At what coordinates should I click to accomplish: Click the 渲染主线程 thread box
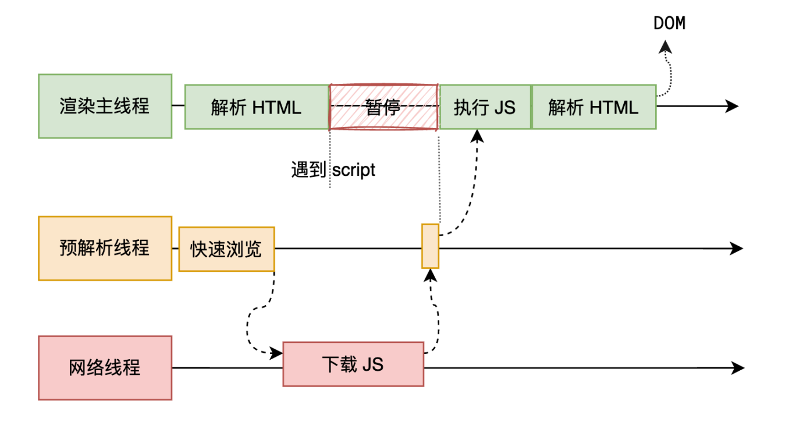click(105, 106)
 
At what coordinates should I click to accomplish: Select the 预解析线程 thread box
click(105, 249)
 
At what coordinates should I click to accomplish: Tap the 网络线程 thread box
click(105, 368)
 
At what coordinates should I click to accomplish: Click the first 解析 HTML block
click(257, 107)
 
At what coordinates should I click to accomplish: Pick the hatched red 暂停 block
click(383, 107)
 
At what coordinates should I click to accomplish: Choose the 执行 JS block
click(485, 107)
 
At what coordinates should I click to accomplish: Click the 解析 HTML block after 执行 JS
click(593, 107)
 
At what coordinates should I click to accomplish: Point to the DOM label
click(669, 24)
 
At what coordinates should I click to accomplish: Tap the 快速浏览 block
click(226, 250)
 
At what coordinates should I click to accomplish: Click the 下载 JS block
click(353, 364)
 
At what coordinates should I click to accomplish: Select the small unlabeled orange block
click(430, 246)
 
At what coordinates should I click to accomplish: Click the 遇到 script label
click(333, 170)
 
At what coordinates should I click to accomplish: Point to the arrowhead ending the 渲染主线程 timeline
click(733, 107)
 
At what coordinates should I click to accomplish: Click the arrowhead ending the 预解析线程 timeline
click(737, 249)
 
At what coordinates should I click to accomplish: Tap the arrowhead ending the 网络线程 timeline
click(738, 368)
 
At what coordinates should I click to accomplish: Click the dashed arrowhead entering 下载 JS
click(277, 353)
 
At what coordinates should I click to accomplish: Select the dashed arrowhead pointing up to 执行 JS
click(477, 136)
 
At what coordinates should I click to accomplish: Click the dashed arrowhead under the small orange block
click(429, 275)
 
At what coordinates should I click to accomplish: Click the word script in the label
click(354, 170)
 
